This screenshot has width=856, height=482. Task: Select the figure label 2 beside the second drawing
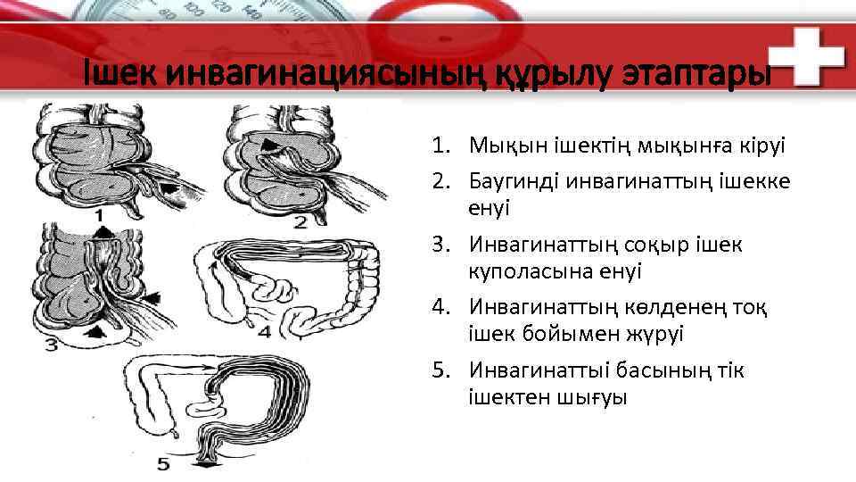(x=300, y=220)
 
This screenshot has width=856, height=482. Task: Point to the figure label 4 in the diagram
(x=264, y=331)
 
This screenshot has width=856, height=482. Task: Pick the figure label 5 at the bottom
(x=162, y=463)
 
